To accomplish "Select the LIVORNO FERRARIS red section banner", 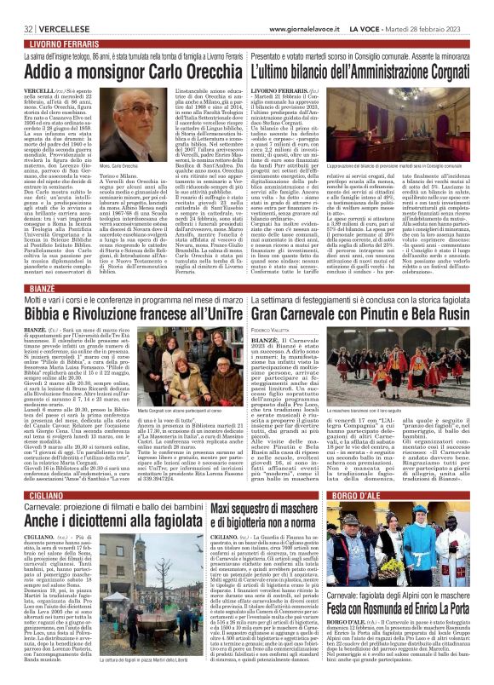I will [x=60, y=19].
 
